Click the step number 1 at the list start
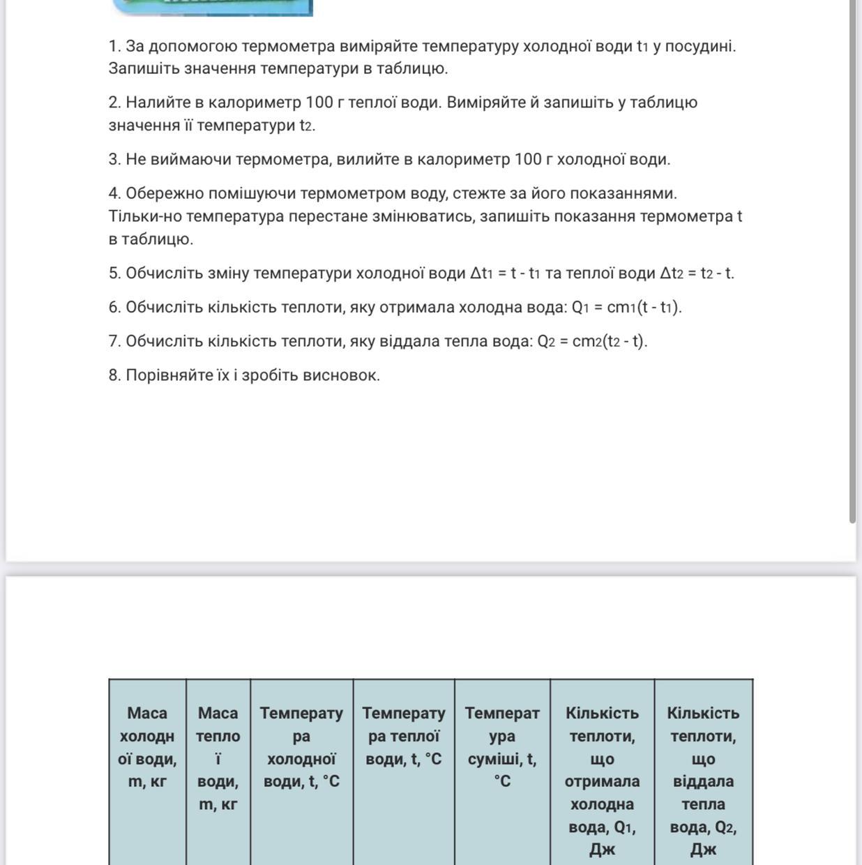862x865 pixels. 113,46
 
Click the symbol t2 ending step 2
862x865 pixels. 307,126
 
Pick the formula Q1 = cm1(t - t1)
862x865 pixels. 626,307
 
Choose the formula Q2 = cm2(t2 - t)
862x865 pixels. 592,341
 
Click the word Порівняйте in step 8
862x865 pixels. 165,375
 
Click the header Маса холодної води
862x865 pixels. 147,747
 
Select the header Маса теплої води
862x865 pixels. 218,758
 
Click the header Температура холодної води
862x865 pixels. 301,747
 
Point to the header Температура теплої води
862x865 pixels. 403,736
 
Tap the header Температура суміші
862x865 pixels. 502,747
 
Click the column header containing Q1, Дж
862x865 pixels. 602,781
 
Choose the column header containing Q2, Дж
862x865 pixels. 703,781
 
